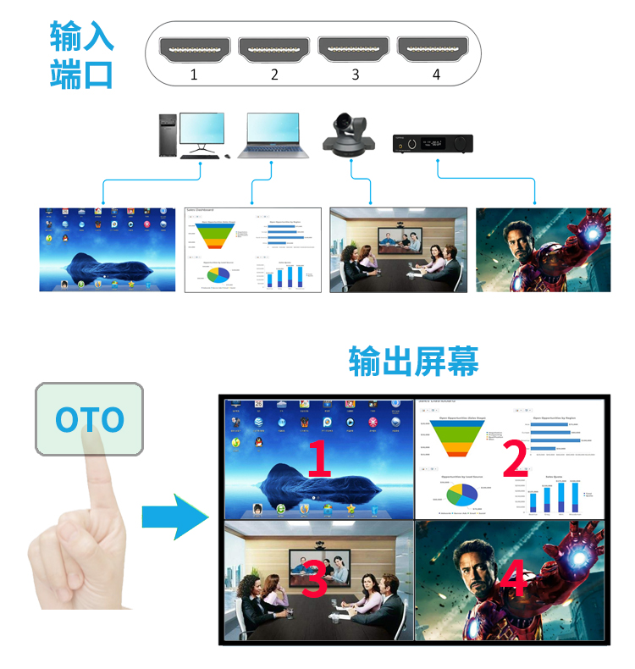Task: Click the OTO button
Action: [89, 419]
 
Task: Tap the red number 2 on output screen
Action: [513, 458]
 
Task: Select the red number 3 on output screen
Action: [313, 583]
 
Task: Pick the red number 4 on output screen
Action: [513, 583]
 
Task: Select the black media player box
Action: [432, 143]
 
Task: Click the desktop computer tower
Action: [167, 135]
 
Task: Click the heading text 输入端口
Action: [81, 55]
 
